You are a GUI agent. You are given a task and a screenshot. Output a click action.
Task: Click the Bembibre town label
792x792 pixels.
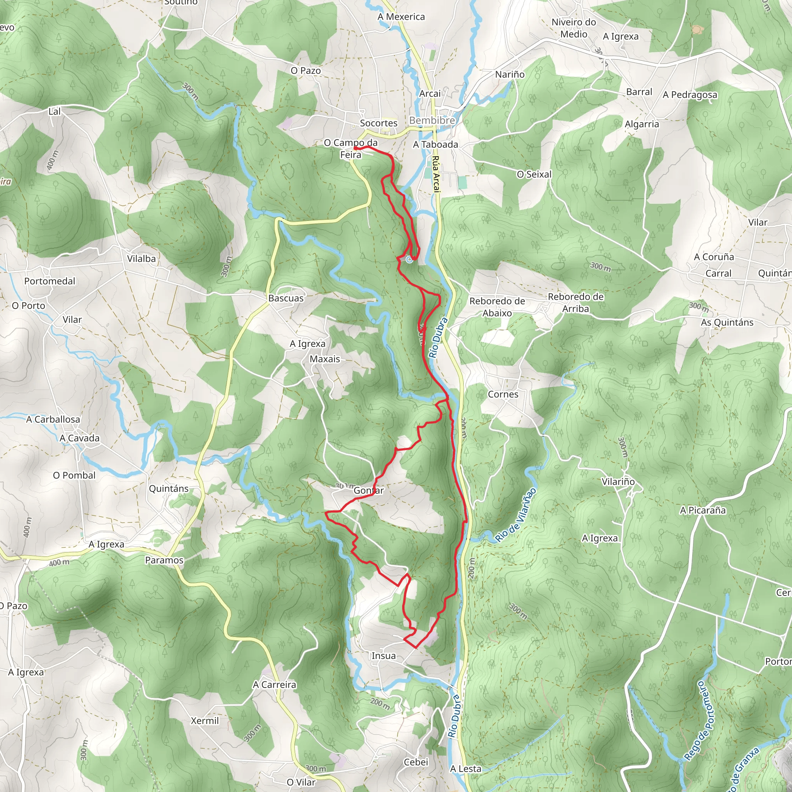point(432,120)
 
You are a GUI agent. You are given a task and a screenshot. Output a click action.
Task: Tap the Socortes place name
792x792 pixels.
point(378,123)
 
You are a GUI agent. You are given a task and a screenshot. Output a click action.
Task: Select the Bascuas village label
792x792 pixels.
point(286,298)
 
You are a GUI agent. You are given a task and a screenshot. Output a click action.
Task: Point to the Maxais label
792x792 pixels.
point(325,359)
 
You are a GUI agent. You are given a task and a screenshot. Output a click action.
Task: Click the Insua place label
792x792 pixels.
point(383,655)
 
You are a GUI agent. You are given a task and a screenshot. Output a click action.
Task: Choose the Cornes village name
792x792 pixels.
point(503,394)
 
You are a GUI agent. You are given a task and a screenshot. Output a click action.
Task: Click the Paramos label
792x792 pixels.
point(164,560)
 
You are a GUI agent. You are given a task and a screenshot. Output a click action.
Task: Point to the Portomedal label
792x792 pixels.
point(49,281)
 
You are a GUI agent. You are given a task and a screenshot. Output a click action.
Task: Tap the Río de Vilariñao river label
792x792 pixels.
point(515,514)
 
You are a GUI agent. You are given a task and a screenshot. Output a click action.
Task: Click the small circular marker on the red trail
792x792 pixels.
point(409,259)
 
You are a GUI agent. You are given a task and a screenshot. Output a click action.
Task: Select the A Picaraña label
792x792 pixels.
point(703,510)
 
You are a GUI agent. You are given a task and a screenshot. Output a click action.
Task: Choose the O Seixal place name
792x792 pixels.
point(534,174)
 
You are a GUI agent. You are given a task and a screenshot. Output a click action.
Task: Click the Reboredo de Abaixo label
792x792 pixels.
point(497,307)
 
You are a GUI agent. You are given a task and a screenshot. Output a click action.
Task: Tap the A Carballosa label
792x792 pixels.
point(53,419)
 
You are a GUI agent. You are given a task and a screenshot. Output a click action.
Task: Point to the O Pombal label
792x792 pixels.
point(74,475)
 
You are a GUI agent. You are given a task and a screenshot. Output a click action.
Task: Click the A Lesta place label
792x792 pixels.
point(466,769)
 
